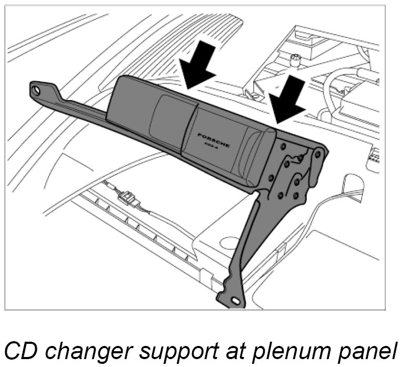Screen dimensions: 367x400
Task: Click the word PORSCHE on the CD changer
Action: [x=213, y=138]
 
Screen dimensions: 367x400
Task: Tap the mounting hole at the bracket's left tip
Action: [x=36, y=90]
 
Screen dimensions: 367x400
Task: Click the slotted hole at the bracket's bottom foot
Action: [x=235, y=301]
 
